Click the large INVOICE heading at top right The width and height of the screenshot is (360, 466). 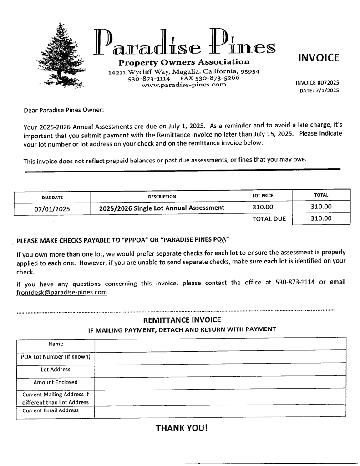pyautogui.click(x=319, y=58)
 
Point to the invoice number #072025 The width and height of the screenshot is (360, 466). pyautogui.click(x=317, y=83)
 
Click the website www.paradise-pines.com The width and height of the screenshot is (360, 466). pyautogui.click(x=184, y=85)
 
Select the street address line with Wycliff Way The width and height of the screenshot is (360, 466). pyautogui.click(x=184, y=71)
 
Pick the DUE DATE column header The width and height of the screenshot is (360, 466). pyautogui.click(x=52, y=198)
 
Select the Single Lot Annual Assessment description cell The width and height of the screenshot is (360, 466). pyautogui.click(x=162, y=208)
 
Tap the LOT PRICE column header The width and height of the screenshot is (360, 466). pyautogui.click(x=263, y=196)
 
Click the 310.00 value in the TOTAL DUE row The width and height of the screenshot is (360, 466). pyautogui.click(x=321, y=218)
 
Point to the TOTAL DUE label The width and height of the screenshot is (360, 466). pyautogui.click(x=269, y=219)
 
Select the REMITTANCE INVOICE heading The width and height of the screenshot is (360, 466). pyautogui.click(x=182, y=320)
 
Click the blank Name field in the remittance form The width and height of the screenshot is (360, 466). pyautogui.click(x=220, y=344)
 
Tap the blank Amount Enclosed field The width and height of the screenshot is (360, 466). pyautogui.click(x=220, y=383)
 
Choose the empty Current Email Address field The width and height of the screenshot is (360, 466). pyautogui.click(x=220, y=412)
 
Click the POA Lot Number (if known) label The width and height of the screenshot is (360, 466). pyautogui.click(x=56, y=357)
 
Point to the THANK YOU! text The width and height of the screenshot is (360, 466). pyautogui.click(x=182, y=428)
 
